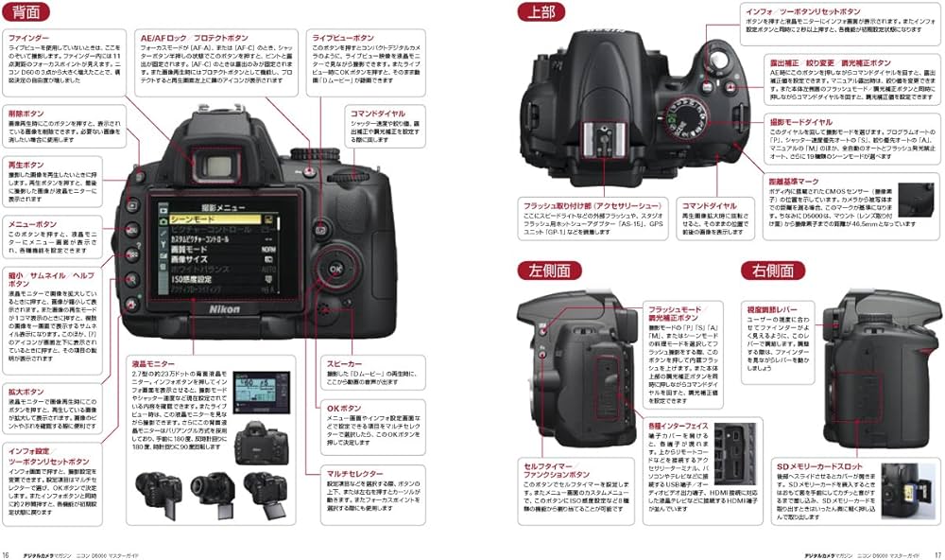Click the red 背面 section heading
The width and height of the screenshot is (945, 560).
(x=26, y=11)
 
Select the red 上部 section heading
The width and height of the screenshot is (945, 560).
(x=541, y=11)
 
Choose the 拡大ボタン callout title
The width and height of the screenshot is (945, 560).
(x=26, y=391)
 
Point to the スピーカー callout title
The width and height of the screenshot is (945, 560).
(x=344, y=363)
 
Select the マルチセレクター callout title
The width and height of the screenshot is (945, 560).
(x=355, y=473)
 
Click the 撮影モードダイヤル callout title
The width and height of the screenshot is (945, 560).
(x=802, y=121)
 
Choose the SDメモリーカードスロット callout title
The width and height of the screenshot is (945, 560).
(x=819, y=466)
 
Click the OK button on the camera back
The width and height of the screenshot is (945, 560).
(x=334, y=268)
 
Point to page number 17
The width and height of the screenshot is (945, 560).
(x=936, y=554)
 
